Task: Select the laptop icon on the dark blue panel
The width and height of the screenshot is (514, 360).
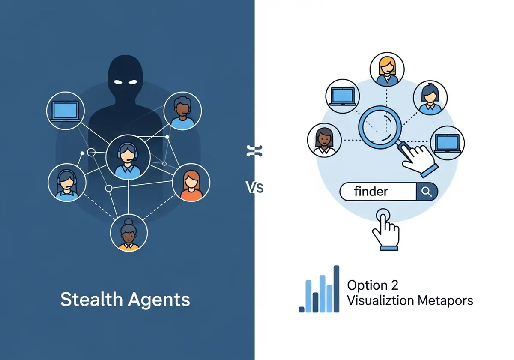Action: [66, 111]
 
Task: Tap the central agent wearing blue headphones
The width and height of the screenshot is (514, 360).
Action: [128, 157]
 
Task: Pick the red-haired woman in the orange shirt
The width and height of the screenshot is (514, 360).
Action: [191, 183]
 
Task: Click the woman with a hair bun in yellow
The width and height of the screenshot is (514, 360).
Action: [129, 233]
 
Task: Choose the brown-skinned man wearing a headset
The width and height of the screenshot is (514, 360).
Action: [182, 111]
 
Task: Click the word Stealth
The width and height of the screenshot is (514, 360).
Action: [91, 300]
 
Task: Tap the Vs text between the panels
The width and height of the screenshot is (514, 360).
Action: [254, 187]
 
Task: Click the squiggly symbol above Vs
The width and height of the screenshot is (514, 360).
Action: [254, 151]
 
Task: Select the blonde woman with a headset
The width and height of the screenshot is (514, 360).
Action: [387, 69]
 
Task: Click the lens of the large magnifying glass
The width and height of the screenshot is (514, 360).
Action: [380, 127]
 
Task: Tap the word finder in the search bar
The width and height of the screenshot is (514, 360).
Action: [371, 191]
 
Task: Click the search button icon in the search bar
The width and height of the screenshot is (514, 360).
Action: [427, 192]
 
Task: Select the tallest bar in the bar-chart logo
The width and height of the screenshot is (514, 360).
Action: [336, 289]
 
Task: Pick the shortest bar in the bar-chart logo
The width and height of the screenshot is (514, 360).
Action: [302, 309]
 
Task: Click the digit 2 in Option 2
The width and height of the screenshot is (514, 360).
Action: [394, 285]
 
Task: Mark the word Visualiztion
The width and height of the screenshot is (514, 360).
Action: [380, 300]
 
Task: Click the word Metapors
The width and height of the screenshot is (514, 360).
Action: [445, 301]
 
